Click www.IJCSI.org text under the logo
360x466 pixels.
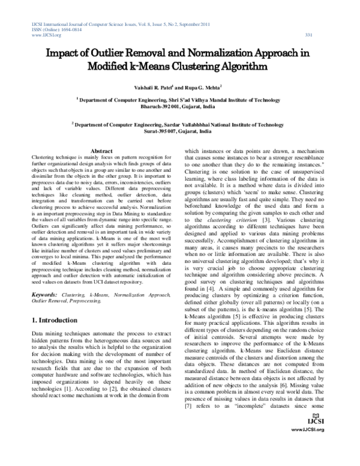click(x=307, y=455)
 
